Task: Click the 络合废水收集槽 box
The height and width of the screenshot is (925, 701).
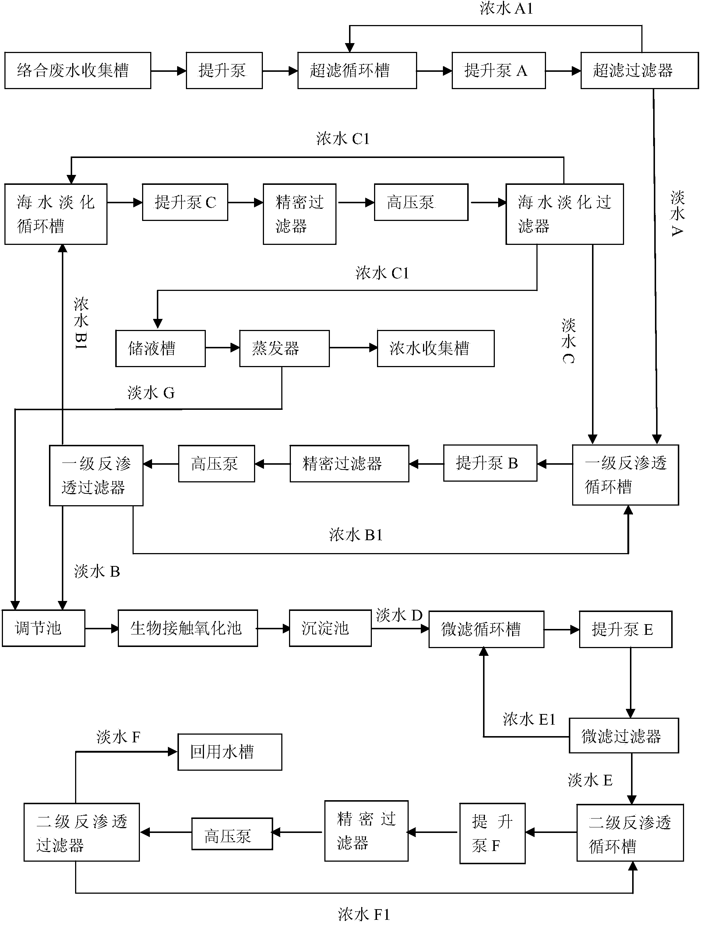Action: click(78, 70)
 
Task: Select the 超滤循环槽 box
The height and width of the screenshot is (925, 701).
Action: click(357, 70)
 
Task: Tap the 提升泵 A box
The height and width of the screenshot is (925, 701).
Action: click(499, 70)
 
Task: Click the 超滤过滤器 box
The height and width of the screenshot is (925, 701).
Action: click(640, 70)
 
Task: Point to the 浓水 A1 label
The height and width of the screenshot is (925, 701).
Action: click(506, 8)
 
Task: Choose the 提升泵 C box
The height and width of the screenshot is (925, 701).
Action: click(185, 202)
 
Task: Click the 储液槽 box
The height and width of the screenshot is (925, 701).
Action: click(161, 348)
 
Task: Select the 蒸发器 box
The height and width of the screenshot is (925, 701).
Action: click(284, 348)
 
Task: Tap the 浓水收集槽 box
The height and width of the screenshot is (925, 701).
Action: click(436, 348)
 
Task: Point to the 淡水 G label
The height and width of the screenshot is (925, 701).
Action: click(151, 393)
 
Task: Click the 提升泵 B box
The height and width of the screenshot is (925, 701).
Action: click(490, 463)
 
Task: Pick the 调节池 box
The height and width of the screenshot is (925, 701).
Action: click(43, 628)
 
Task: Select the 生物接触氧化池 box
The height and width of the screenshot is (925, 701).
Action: click(188, 628)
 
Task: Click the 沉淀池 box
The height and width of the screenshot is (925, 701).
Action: click(330, 628)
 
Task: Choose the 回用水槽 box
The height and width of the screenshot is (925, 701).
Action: click(230, 752)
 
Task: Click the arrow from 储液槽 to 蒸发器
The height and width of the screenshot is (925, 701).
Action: click(222, 348)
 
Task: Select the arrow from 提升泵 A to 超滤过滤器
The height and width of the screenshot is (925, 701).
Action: click(563, 71)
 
